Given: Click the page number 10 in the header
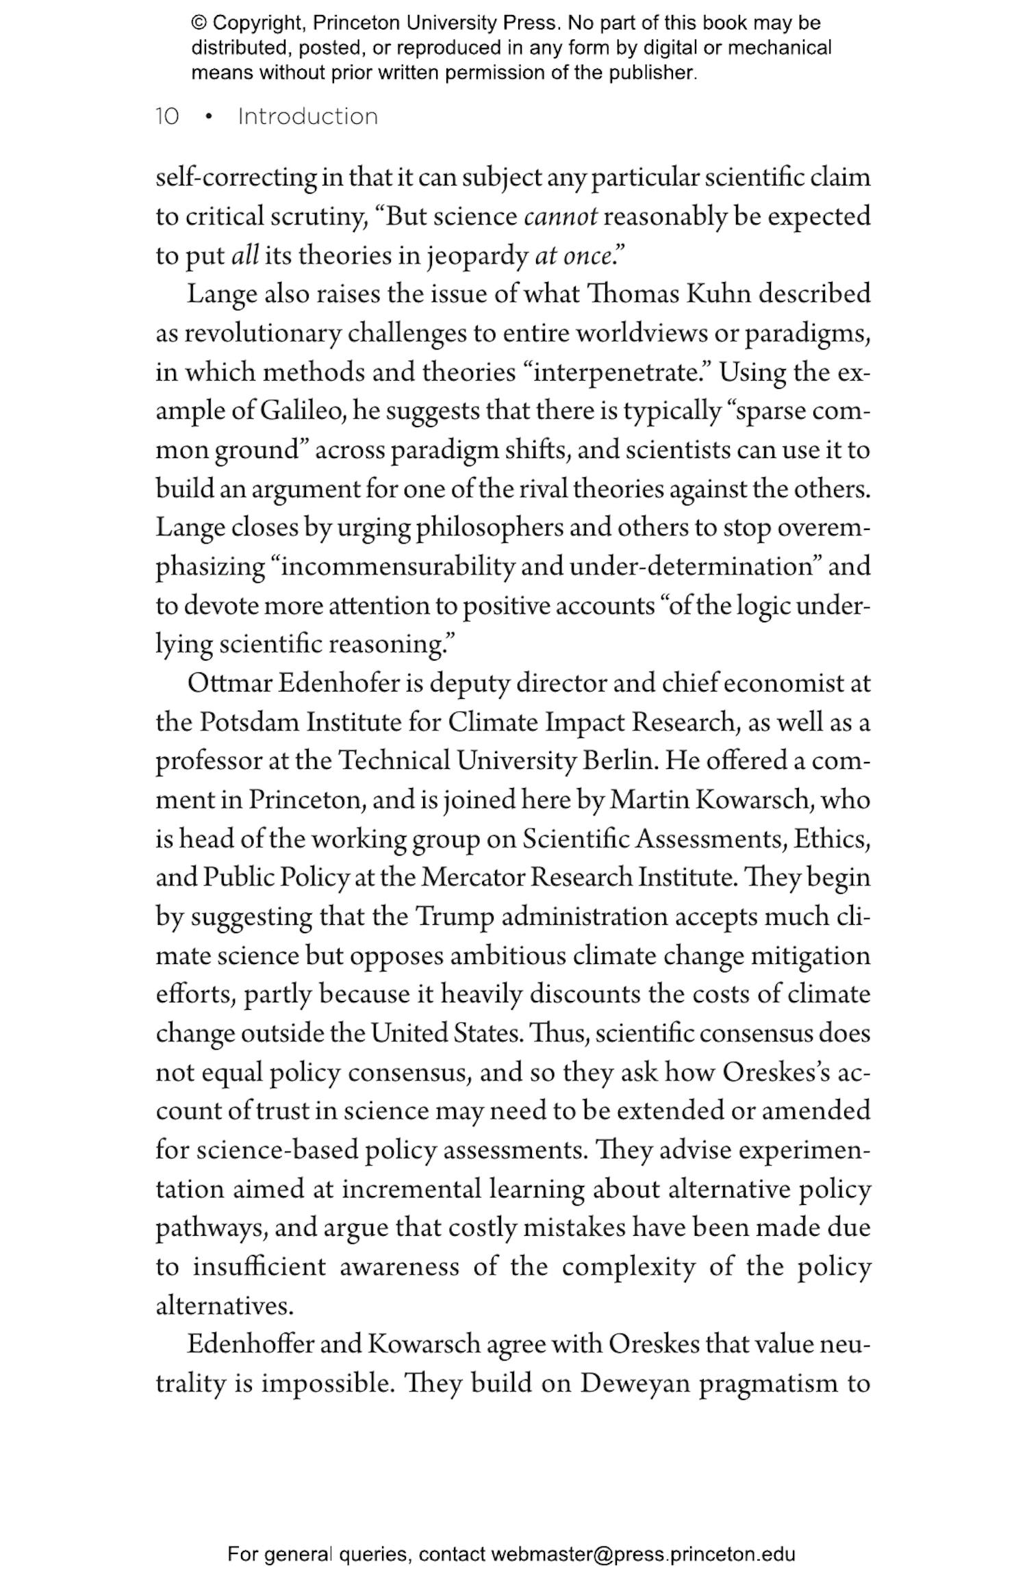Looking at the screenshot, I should [x=167, y=116].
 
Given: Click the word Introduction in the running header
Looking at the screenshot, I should [x=307, y=116].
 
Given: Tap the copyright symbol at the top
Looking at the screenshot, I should [x=199, y=23].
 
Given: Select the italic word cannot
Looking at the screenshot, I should [x=560, y=217].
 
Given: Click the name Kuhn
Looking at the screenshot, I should [x=718, y=294].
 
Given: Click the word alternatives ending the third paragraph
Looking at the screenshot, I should [x=224, y=1306].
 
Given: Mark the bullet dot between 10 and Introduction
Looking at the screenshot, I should [x=208, y=117].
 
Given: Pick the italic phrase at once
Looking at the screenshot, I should [x=572, y=256].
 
